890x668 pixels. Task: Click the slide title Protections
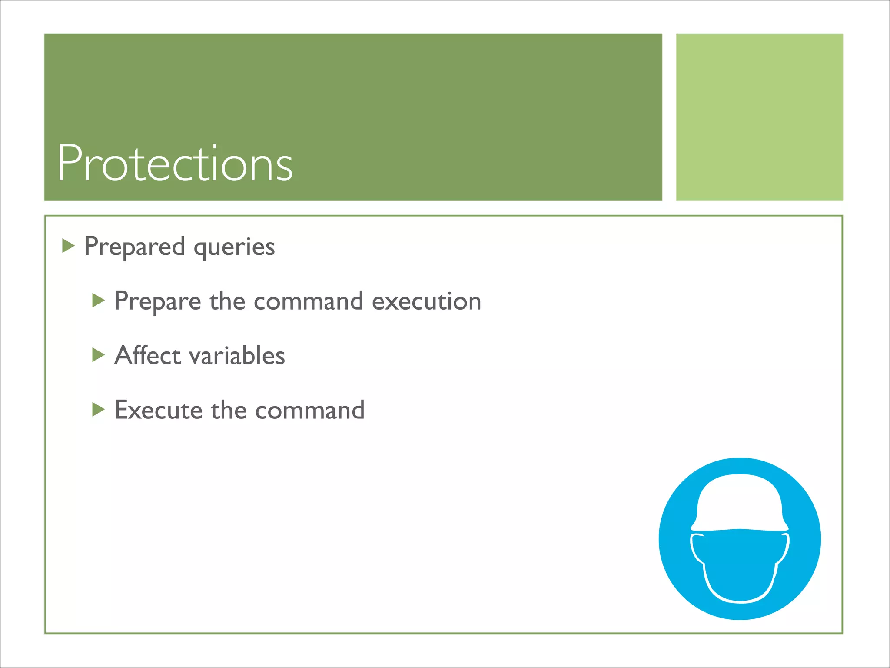click(x=175, y=163)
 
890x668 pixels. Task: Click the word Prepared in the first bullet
click(x=134, y=247)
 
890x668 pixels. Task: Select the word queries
click(x=234, y=247)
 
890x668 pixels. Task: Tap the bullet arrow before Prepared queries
click(x=68, y=246)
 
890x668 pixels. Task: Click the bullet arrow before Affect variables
click(x=99, y=355)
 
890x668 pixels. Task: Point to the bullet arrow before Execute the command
click(x=99, y=409)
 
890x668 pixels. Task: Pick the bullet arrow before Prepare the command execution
click(x=99, y=301)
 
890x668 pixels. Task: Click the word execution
click(x=426, y=301)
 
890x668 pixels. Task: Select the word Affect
click(x=148, y=355)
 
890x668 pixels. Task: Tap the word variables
click(x=238, y=355)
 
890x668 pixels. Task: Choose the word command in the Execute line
click(x=309, y=410)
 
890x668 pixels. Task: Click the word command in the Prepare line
click(x=308, y=301)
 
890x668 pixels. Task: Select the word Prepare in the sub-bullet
click(x=157, y=301)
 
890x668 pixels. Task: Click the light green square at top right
click(x=759, y=117)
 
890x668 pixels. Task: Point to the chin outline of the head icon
click(x=740, y=601)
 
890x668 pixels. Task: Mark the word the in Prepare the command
click(x=227, y=301)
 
